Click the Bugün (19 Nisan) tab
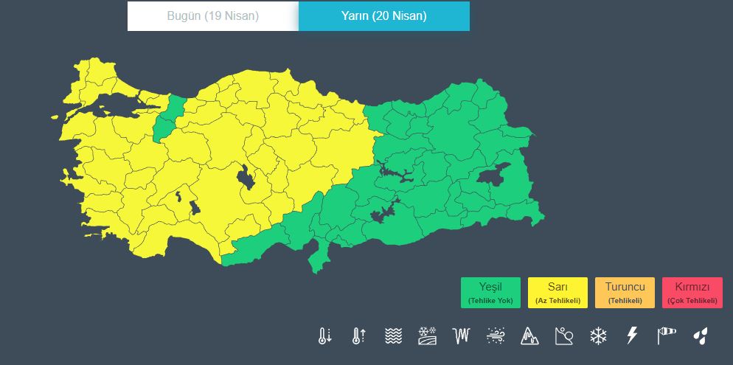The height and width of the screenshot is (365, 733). (212, 16)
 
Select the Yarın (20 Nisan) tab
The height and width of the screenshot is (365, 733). (383, 16)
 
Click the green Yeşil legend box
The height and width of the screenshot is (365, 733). (490, 292)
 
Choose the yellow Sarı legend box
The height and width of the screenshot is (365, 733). (557, 292)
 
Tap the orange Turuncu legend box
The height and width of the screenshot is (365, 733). (625, 292)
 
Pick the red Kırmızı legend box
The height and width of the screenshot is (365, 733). (692, 292)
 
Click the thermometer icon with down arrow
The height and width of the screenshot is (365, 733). (324, 336)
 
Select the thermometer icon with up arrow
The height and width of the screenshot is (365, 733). (359, 336)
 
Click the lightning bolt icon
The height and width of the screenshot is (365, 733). (632, 336)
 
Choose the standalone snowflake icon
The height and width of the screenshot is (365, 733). (598, 336)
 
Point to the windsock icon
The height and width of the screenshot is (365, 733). (666, 336)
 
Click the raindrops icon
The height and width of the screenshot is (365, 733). (700, 336)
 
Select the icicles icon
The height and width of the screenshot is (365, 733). (462, 336)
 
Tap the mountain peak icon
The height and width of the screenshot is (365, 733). (529, 336)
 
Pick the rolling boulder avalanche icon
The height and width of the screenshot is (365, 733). (563, 336)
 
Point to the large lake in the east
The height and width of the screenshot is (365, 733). (493, 174)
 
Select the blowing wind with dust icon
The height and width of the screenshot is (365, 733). (496, 336)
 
